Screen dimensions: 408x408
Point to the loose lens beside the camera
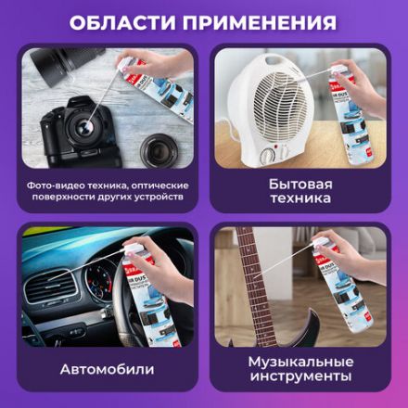coord(155,147)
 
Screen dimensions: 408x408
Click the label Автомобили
coord(108,369)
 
